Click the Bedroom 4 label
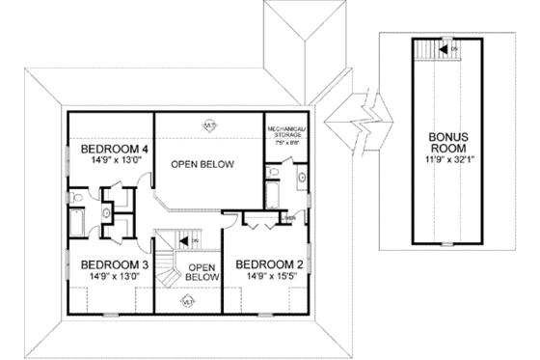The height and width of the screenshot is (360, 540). [114, 150]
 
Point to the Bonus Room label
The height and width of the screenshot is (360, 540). [448, 143]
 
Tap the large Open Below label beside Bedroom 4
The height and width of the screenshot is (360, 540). [203, 164]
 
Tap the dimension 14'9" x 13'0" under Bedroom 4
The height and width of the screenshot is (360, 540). [114, 162]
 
